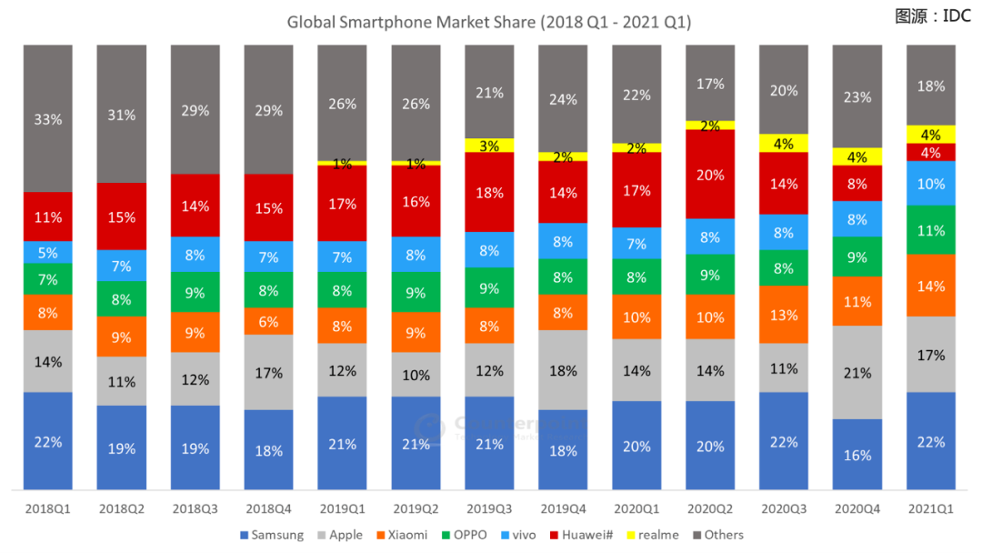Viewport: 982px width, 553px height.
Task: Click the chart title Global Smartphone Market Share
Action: pos(489,22)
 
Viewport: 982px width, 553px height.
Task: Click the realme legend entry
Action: pos(653,535)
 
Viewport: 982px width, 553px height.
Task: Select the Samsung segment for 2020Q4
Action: pos(857,454)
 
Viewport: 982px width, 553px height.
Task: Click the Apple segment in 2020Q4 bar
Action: pos(857,372)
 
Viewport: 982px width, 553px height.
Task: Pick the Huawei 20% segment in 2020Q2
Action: pos(710,174)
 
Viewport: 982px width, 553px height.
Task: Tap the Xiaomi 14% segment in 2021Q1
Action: pos(931,286)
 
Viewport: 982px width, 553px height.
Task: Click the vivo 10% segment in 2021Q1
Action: pos(931,183)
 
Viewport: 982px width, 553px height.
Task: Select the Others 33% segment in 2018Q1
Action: pos(48,118)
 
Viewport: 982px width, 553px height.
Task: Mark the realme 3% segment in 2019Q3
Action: pos(489,146)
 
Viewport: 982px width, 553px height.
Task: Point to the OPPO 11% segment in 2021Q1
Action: pos(931,230)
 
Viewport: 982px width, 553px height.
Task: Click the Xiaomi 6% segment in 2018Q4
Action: pos(268,321)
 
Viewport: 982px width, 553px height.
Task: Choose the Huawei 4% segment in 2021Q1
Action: pos(931,152)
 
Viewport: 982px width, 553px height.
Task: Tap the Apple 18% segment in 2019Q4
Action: pos(563,370)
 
